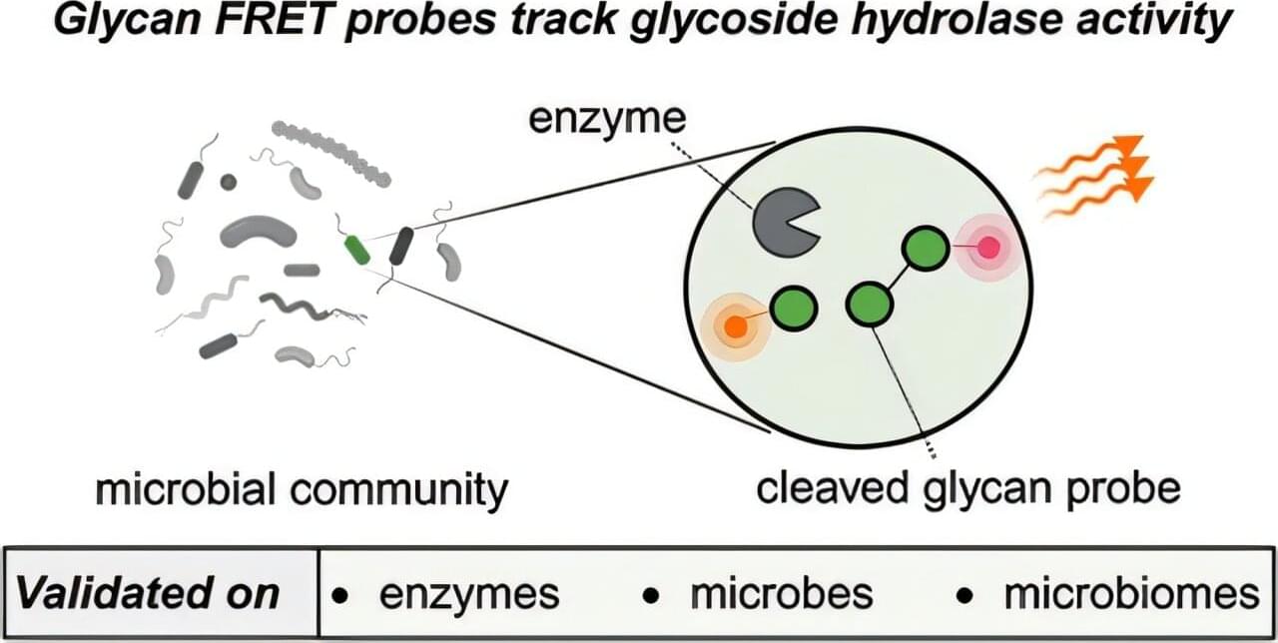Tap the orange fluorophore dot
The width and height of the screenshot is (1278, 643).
734,326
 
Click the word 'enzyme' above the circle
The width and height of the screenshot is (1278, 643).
607,121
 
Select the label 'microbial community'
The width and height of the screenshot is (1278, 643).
302,490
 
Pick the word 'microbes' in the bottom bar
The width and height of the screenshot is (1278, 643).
782,594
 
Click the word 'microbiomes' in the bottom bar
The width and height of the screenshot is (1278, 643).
1131,594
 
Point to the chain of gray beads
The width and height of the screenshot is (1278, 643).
329,153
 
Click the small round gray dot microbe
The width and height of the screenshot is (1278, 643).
229,182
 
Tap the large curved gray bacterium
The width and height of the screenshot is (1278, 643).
258,231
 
